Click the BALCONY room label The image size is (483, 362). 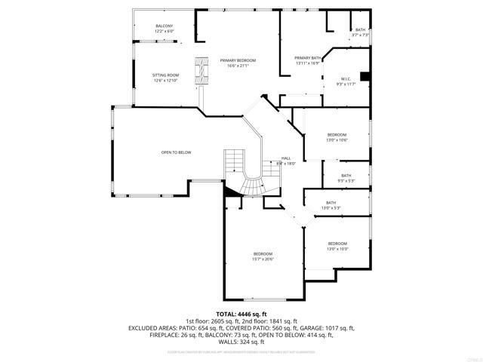[165, 27]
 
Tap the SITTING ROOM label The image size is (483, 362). [165, 76]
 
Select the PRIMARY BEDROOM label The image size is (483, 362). [238, 61]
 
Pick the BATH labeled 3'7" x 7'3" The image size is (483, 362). [360, 32]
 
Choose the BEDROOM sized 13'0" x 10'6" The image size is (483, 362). [337, 136]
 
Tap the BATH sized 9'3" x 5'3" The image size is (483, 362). [346, 177]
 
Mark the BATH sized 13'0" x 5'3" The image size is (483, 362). [331, 204]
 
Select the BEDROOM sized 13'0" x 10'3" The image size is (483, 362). [337, 244]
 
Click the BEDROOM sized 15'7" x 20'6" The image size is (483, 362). [263, 256]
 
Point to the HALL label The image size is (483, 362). [286, 159]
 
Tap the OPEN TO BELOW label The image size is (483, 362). [176, 152]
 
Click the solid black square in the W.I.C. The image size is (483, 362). [365, 75]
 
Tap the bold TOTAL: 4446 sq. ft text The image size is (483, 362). [241, 314]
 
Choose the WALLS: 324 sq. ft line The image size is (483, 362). [241, 342]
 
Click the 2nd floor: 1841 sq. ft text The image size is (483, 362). [269, 321]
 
